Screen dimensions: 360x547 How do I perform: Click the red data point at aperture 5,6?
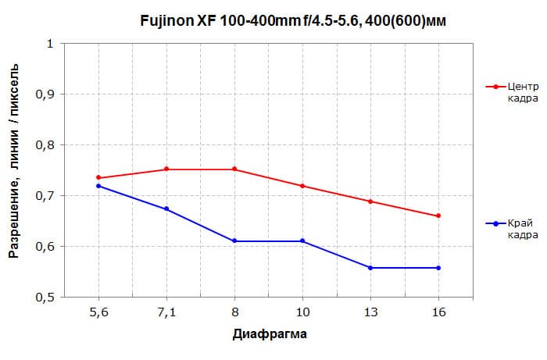(98, 178)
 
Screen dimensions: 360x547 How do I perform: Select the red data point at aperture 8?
(234, 169)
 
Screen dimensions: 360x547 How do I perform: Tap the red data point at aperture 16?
(438, 216)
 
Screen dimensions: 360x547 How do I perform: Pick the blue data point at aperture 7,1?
(166, 209)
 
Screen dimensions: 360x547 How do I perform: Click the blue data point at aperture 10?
(302, 241)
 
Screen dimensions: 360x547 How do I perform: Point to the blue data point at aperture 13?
(370, 268)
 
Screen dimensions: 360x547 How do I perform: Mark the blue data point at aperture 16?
(438, 268)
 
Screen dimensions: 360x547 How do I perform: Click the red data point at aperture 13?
(370, 201)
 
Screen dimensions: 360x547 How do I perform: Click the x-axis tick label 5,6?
(98, 312)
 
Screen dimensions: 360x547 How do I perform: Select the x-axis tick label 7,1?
(166, 312)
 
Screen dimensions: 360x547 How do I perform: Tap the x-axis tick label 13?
(370, 312)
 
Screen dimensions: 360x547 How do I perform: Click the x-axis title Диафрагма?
(270, 334)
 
